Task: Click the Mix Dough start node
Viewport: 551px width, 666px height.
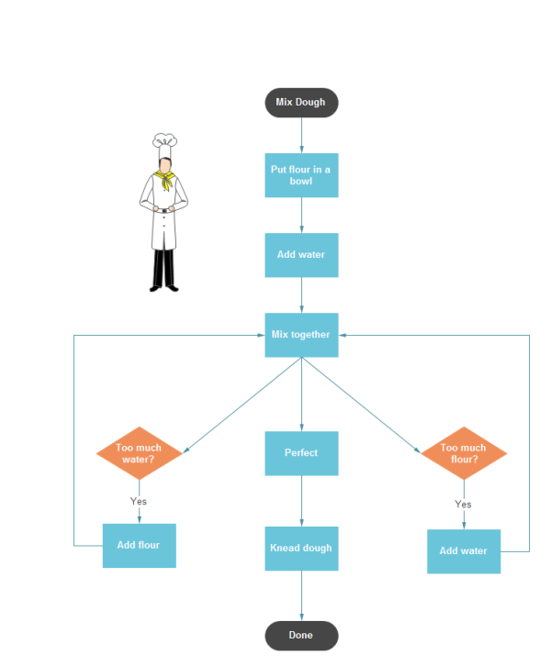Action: click(301, 103)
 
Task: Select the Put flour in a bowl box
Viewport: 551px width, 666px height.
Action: click(301, 175)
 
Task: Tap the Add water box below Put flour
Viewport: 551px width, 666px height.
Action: click(301, 254)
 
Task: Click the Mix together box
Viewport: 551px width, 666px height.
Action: click(301, 335)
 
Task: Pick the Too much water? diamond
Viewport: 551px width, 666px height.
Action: click(140, 453)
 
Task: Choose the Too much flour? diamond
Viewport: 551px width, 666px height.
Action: click(464, 453)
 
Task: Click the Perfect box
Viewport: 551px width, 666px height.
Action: click(301, 453)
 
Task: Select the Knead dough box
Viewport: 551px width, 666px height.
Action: click(301, 548)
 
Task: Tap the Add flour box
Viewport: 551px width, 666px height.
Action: click(139, 546)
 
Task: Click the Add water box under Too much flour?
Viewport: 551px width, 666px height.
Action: click(464, 551)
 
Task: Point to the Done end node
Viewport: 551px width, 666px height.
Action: click(301, 635)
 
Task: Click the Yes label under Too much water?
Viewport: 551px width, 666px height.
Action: click(139, 502)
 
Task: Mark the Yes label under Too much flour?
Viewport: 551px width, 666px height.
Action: click(464, 505)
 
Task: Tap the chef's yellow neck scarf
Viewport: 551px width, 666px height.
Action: click(165, 178)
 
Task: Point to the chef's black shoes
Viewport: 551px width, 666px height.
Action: click(163, 288)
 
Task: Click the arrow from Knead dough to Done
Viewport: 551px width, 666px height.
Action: click(301, 595)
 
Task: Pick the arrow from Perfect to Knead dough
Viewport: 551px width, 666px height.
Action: click(301, 501)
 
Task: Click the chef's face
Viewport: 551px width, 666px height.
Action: click(164, 161)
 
